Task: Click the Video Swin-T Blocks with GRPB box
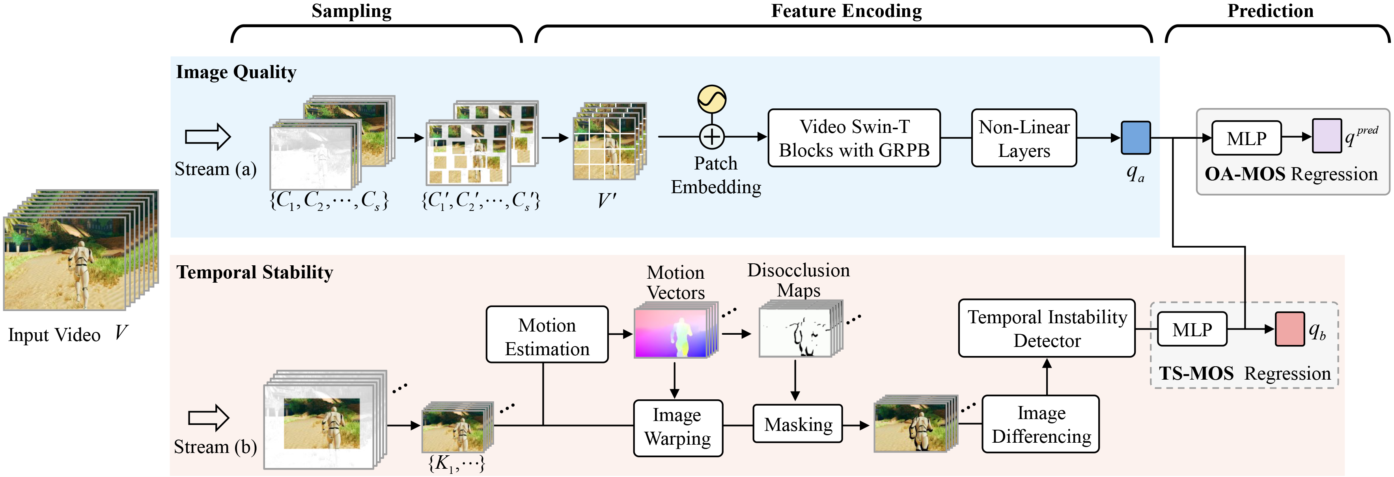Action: [854, 138]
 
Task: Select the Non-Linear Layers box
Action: [1024, 138]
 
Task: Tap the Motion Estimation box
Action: [547, 335]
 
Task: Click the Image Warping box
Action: [678, 427]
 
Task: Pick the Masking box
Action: [798, 424]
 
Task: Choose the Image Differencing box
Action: [1041, 424]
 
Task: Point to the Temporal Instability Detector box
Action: [1047, 328]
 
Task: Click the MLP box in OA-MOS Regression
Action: [1246, 138]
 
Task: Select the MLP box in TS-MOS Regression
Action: [1192, 329]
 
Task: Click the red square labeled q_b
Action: [1289, 329]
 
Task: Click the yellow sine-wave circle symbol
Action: [712, 99]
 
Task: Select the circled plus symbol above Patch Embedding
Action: [712, 137]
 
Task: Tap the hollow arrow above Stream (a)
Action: [208, 136]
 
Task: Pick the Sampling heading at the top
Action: [351, 11]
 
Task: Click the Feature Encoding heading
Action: [846, 11]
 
